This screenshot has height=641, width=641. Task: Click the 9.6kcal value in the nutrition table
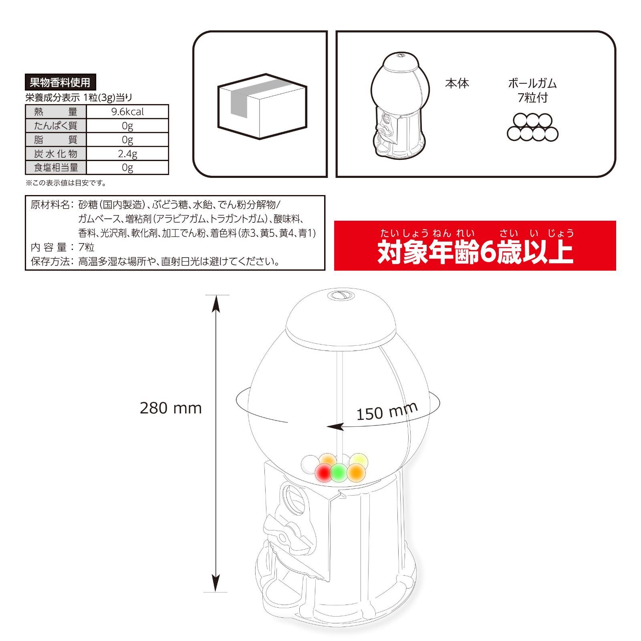(x=127, y=112)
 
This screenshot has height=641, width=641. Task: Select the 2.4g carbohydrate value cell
(x=127, y=153)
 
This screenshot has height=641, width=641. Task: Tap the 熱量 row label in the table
(x=56, y=112)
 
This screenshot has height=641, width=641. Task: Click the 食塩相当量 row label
(x=56, y=167)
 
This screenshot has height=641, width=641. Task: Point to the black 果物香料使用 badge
(x=60, y=83)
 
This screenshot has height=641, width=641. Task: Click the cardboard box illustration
(x=262, y=106)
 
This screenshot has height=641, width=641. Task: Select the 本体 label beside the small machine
(x=457, y=83)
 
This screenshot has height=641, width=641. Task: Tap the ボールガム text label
(x=532, y=83)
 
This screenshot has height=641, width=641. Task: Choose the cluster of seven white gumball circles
(x=532, y=127)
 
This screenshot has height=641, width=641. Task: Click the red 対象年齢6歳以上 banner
(x=475, y=246)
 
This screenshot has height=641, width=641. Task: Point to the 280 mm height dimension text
(x=171, y=408)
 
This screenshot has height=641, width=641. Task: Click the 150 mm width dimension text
(x=387, y=411)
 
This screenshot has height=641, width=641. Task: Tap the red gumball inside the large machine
(x=323, y=473)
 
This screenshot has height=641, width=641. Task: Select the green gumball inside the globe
(x=339, y=473)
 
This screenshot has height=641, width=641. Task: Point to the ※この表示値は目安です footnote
(x=66, y=183)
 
